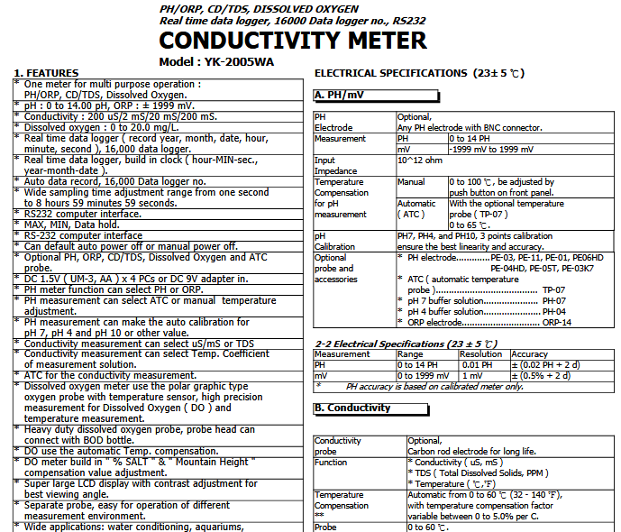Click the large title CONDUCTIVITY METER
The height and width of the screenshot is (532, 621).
pyautogui.click(x=293, y=41)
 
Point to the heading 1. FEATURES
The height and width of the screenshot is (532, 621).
pyautogui.click(x=46, y=72)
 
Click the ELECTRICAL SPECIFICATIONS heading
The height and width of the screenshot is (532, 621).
pyautogui.click(x=418, y=72)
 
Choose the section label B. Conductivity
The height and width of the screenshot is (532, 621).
pyautogui.click(x=352, y=408)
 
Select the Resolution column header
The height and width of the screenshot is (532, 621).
pyautogui.click(x=481, y=354)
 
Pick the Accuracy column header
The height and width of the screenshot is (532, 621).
pyautogui.click(x=529, y=354)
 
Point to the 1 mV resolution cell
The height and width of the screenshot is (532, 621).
pyautogui.click(x=472, y=375)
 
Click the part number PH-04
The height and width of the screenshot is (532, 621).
pyautogui.click(x=553, y=311)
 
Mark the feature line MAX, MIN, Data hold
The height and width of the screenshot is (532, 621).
pyautogui.click(x=72, y=224)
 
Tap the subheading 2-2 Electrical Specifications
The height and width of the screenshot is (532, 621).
pyautogui.click(x=406, y=344)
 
